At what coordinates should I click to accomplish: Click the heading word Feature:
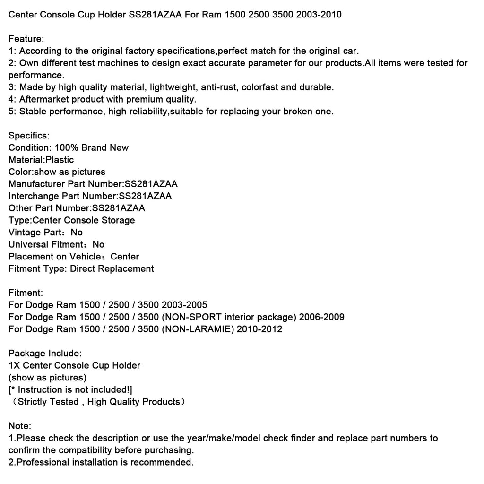[x=26, y=39]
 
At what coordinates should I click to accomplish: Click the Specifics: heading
[x=29, y=136]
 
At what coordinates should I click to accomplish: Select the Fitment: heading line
[x=26, y=293]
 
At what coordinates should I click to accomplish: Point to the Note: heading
[x=20, y=426]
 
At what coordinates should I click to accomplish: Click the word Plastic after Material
[x=60, y=160]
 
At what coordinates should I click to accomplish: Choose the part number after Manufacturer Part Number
[x=151, y=184]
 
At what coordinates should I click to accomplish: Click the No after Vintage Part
[x=77, y=233]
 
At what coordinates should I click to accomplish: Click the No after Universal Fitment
[x=99, y=245]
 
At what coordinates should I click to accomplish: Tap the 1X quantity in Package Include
[x=15, y=365]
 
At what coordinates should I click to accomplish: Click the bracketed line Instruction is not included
[x=70, y=390]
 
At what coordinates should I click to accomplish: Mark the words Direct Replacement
[x=112, y=269]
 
